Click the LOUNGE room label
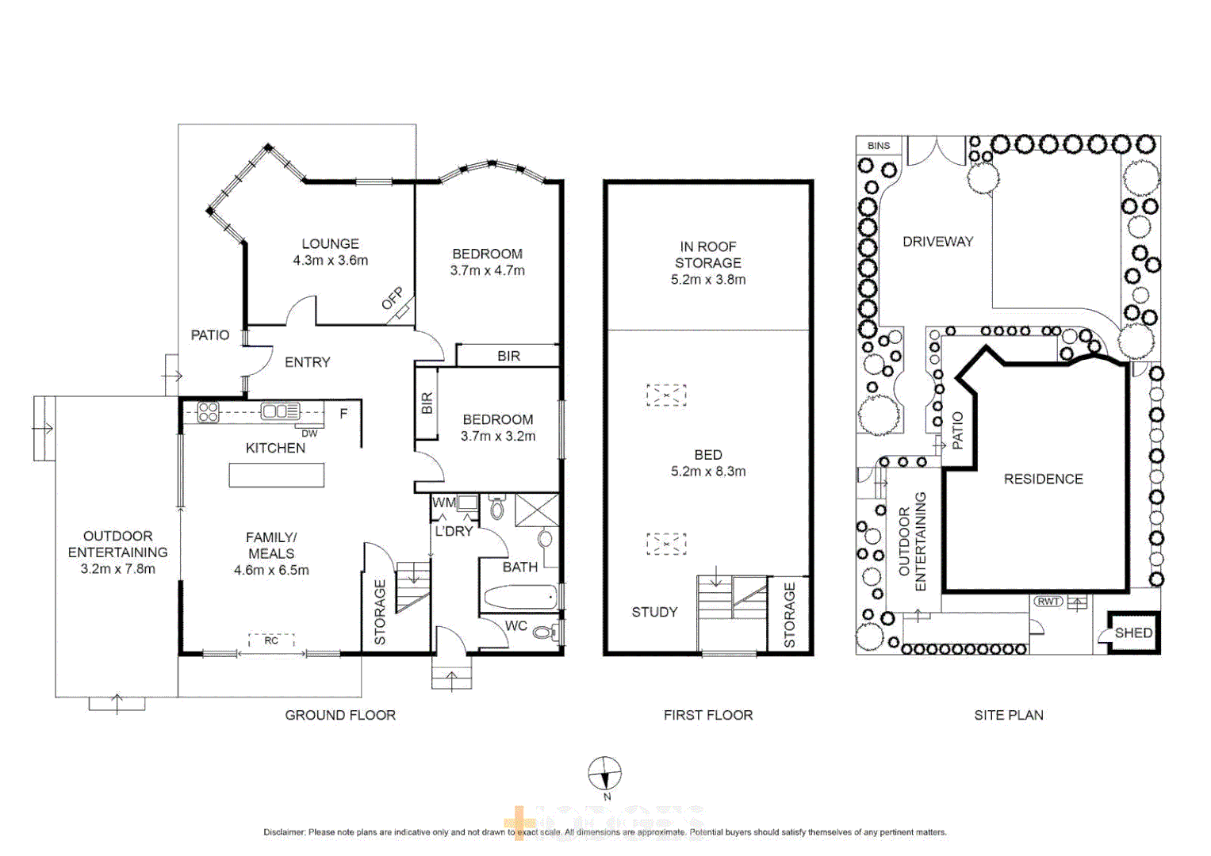tap(330, 244)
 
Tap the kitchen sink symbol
tap(280, 411)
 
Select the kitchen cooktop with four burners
tap(208, 412)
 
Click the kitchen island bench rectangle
tap(276, 475)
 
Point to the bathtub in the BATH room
tap(520, 597)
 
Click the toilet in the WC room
tap(543, 632)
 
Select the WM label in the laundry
tap(443, 503)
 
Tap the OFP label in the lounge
tap(392, 299)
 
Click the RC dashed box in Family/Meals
tap(271, 640)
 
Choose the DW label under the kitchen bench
tap(309, 434)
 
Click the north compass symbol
tap(604, 774)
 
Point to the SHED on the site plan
tap(1133, 632)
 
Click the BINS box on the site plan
tap(879, 146)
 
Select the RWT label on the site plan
tap(1048, 602)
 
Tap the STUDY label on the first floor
tap(654, 612)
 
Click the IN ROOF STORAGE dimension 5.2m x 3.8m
tap(707, 280)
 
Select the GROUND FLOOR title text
tap(340, 715)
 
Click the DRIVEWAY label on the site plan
tap(937, 242)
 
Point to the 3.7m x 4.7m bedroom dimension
tap(487, 270)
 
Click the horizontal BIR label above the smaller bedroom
tap(508, 356)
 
